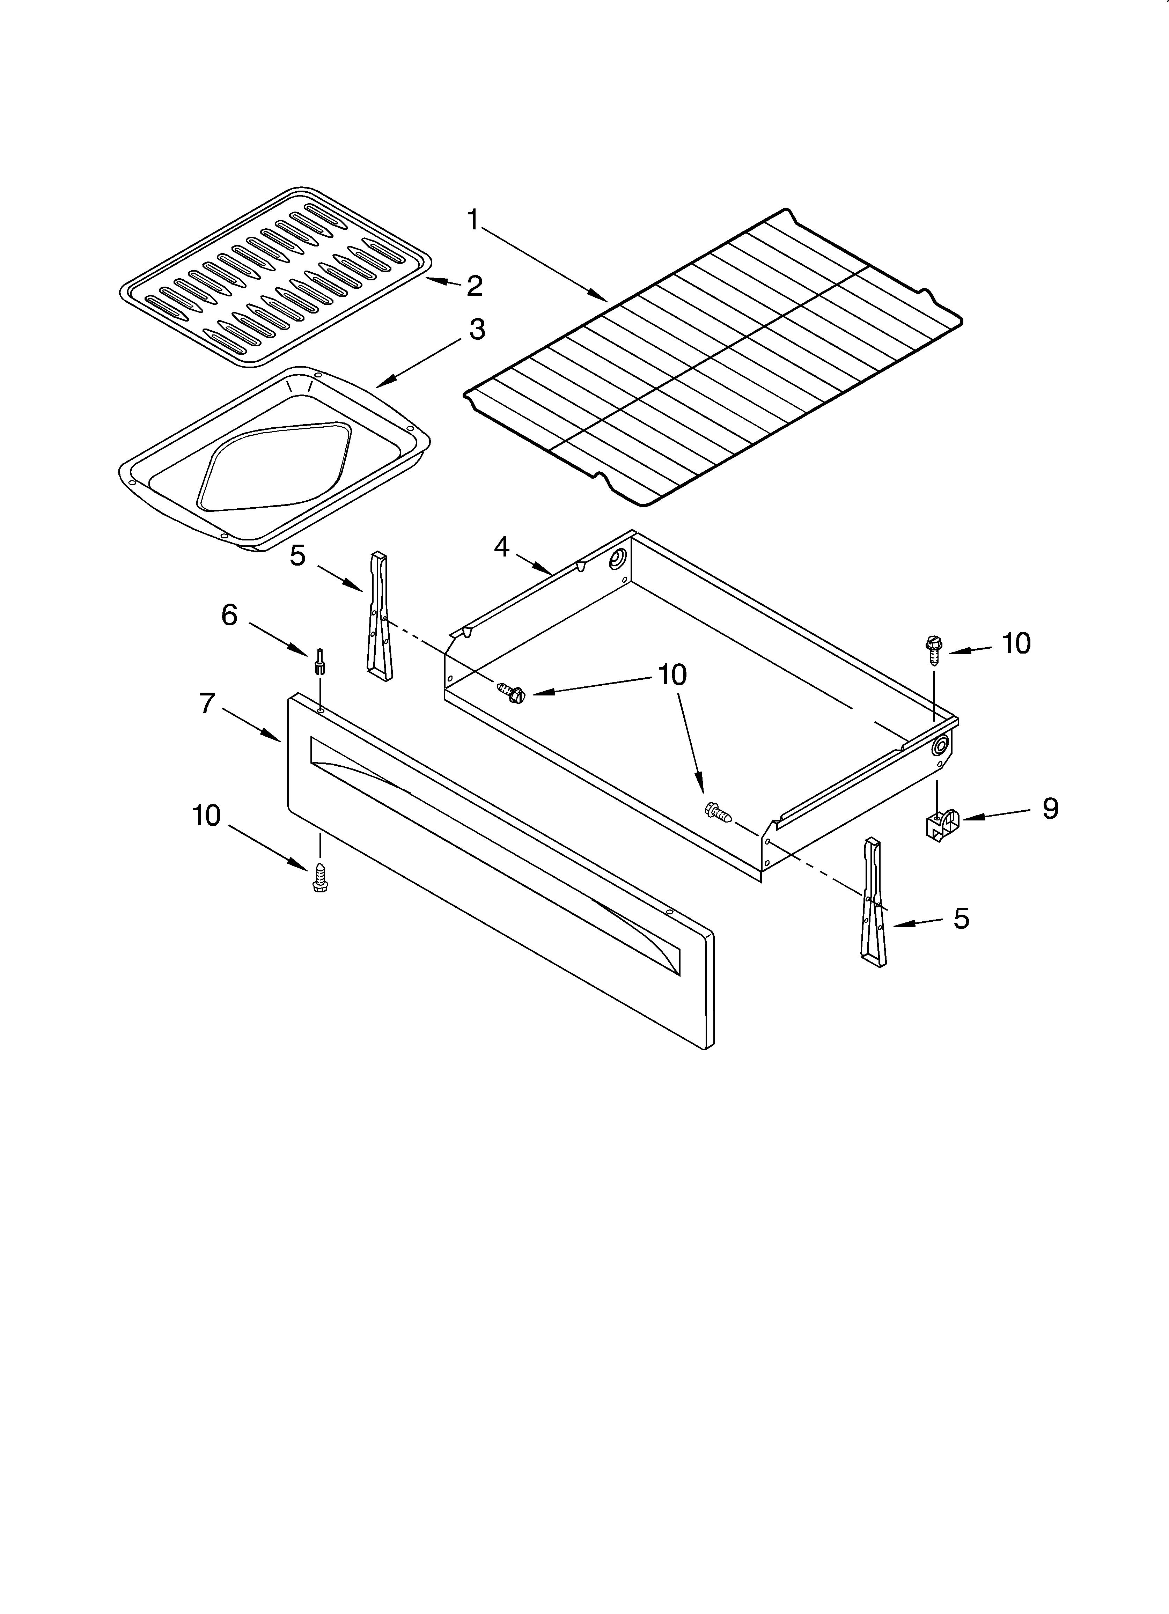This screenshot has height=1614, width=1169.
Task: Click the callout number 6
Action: tap(229, 615)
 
